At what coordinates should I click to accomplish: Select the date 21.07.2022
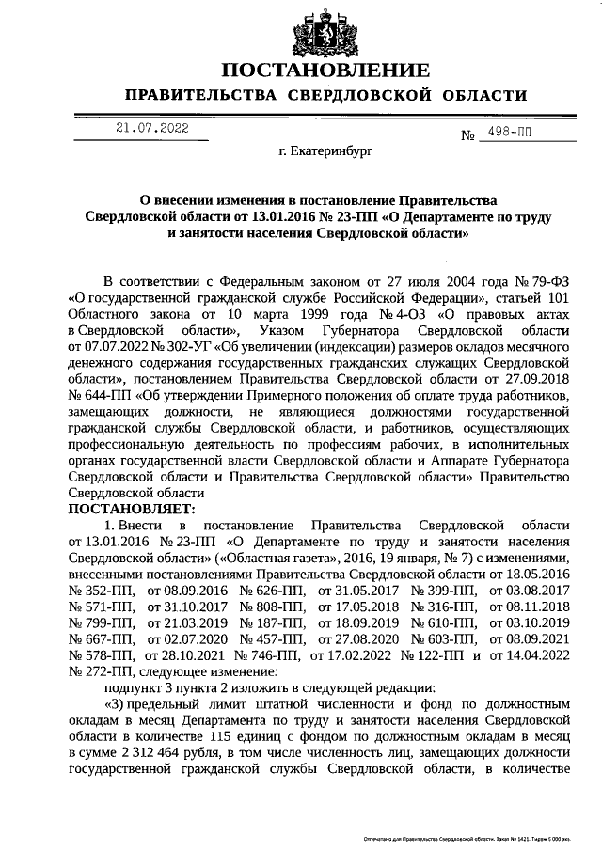(x=152, y=126)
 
